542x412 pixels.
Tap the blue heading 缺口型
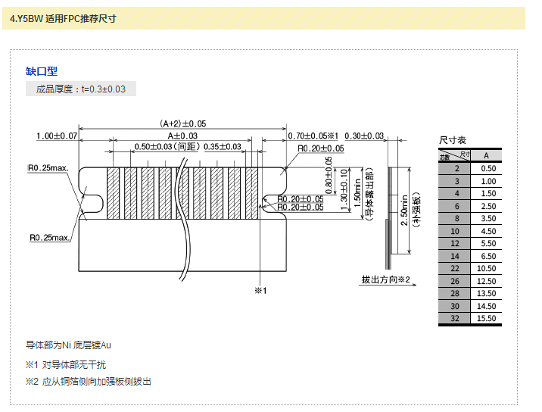[x=42, y=71]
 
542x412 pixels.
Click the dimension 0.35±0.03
[x=222, y=147]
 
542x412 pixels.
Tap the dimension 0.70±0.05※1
[x=313, y=136]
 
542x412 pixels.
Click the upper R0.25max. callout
[x=48, y=167]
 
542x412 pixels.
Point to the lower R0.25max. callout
[x=50, y=238]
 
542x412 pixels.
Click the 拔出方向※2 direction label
[x=385, y=279]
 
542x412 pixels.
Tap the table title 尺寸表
[x=453, y=141]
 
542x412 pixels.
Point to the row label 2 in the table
[x=456, y=168]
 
